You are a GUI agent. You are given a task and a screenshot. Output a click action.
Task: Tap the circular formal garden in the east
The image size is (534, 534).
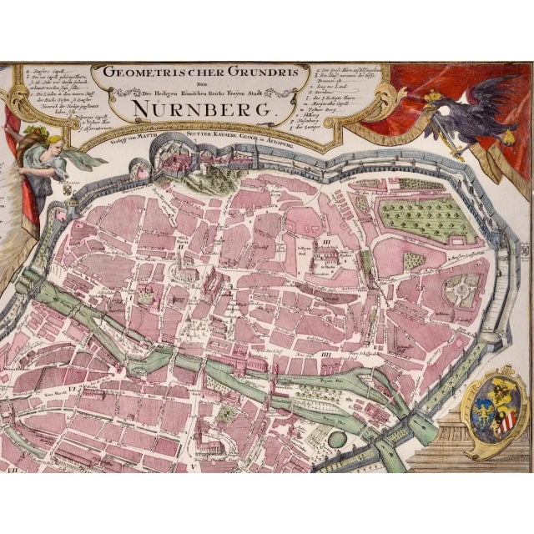[x=461, y=291]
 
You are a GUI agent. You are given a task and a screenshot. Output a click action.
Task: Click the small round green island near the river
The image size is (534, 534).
[x=336, y=438]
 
